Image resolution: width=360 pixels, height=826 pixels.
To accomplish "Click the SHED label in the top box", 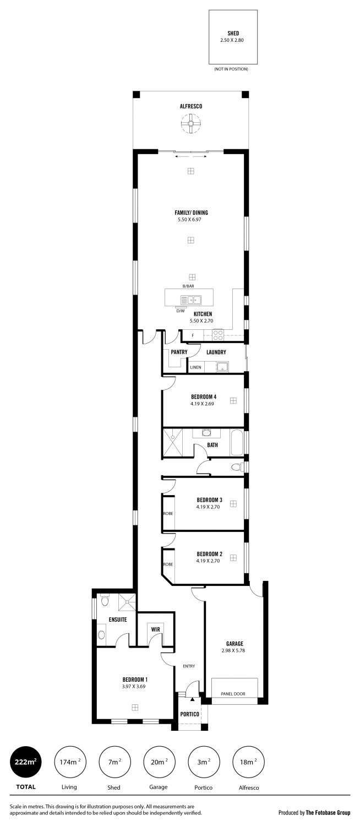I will click(x=233, y=33).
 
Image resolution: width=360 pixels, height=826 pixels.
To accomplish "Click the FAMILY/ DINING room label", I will click(x=191, y=213).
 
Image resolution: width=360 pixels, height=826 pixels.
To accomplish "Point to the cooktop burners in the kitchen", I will click(x=218, y=334).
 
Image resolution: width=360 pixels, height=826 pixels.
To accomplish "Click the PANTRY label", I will click(x=179, y=352).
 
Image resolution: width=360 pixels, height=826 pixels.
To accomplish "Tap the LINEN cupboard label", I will click(x=195, y=367).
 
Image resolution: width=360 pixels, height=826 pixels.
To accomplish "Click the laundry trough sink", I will click(x=222, y=367).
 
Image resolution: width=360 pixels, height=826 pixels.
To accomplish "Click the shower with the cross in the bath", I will click(x=173, y=442).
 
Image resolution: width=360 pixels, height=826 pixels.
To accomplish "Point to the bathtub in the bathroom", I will click(x=236, y=443).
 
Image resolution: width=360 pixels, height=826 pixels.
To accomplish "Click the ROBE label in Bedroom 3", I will click(x=168, y=514).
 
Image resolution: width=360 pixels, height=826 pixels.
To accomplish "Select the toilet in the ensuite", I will click(x=101, y=635).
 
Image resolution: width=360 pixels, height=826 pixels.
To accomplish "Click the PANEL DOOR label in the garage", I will click(x=233, y=694).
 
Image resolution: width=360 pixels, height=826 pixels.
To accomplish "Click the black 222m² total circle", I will click(x=26, y=762).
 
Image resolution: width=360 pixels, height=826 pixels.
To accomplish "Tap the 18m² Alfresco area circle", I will click(x=247, y=762).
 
